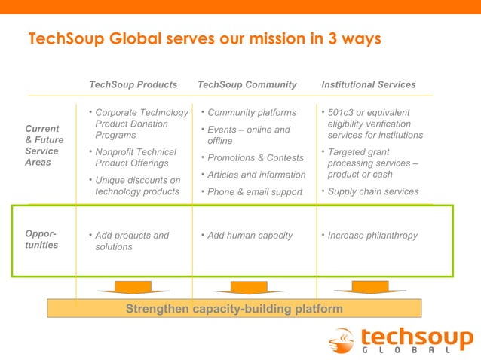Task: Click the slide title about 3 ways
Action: (204, 38)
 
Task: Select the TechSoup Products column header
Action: (133, 84)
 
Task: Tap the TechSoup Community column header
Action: (247, 84)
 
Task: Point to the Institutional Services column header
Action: (368, 84)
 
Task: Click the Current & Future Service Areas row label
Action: (44, 145)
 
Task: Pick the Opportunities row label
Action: (41, 240)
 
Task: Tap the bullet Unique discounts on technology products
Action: (137, 186)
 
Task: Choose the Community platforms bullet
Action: (251, 113)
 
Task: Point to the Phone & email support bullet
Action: (254, 192)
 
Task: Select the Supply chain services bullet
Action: (372, 191)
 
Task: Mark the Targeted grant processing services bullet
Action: (372, 163)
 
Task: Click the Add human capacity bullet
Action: (250, 236)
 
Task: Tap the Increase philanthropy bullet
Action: (372, 236)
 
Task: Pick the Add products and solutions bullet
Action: (132, 241)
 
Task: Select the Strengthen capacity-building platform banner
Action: (234, 309)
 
